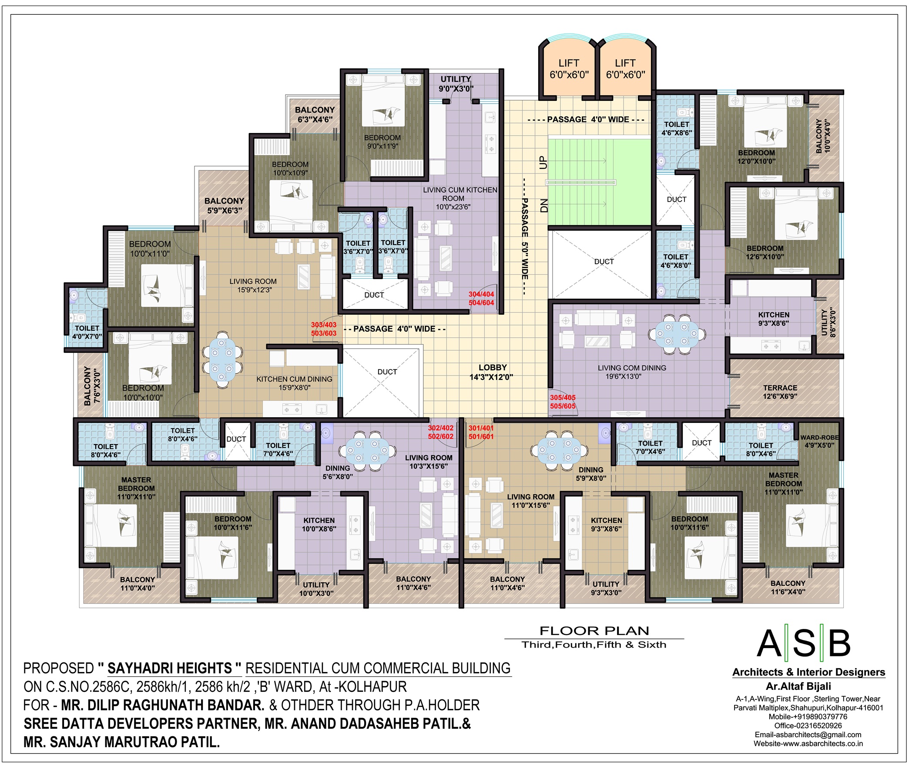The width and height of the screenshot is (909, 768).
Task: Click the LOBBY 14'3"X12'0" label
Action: tap(492, 372)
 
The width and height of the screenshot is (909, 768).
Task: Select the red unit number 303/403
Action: tap(323, 325)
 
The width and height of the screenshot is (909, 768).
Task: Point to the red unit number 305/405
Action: tap(563, 398)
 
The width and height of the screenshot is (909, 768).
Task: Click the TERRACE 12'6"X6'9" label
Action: tap(780, 392)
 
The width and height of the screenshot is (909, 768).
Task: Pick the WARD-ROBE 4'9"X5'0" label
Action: tap(819, 441)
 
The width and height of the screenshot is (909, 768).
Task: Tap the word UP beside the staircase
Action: tap(543, 163)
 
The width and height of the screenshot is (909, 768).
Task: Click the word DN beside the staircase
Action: tap(543, 206)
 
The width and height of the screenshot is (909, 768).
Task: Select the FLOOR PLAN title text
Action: tap(594, 631)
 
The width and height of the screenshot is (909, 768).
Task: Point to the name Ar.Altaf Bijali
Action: tap(798, 686)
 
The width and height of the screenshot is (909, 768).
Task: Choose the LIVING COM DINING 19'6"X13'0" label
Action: tap(631, 372)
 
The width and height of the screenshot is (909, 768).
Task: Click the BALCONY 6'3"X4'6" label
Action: tap(315, 114)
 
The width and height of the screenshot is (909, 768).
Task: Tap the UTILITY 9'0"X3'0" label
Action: tap(456, 84)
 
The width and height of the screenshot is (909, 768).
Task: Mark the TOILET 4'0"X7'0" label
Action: tap(87, 332)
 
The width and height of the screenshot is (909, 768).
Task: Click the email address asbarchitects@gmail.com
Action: tap(808, 735)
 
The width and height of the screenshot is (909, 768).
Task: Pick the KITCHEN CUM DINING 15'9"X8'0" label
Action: tap(294, 383)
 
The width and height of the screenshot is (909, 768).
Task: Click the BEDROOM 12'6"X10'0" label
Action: tap(765, 253)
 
